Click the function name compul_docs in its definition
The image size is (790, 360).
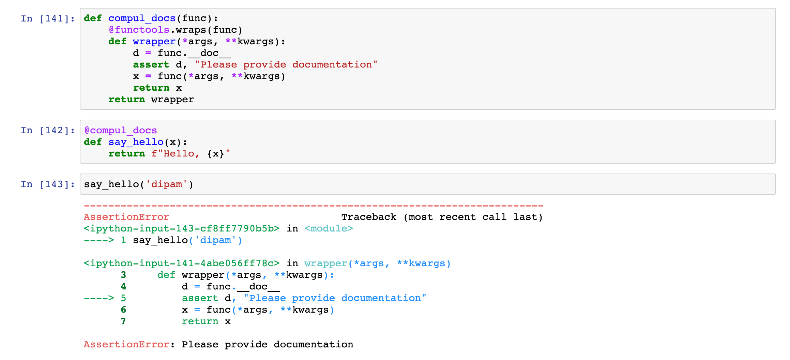[142, 18]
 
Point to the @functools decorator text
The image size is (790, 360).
[139, 30]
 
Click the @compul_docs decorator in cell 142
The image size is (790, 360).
[120, 130]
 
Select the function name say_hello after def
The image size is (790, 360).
[136, 142]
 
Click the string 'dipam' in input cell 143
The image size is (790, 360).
[166, 184]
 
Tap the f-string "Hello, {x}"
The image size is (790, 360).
[191, 153]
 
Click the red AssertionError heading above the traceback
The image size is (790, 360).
[126, 217]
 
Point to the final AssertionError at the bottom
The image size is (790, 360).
[126, 344]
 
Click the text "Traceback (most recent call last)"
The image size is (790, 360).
[442, 217]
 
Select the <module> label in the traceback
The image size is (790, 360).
[329, 228]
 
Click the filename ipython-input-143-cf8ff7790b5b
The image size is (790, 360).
[182, 228]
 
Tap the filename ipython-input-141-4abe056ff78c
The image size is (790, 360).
[182, 263]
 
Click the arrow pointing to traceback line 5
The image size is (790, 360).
[99, 298]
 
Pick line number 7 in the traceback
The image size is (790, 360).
[123, 321]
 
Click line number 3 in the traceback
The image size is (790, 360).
[123, 275]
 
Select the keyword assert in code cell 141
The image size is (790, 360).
[151, 64]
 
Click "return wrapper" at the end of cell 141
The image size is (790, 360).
[151, 99]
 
